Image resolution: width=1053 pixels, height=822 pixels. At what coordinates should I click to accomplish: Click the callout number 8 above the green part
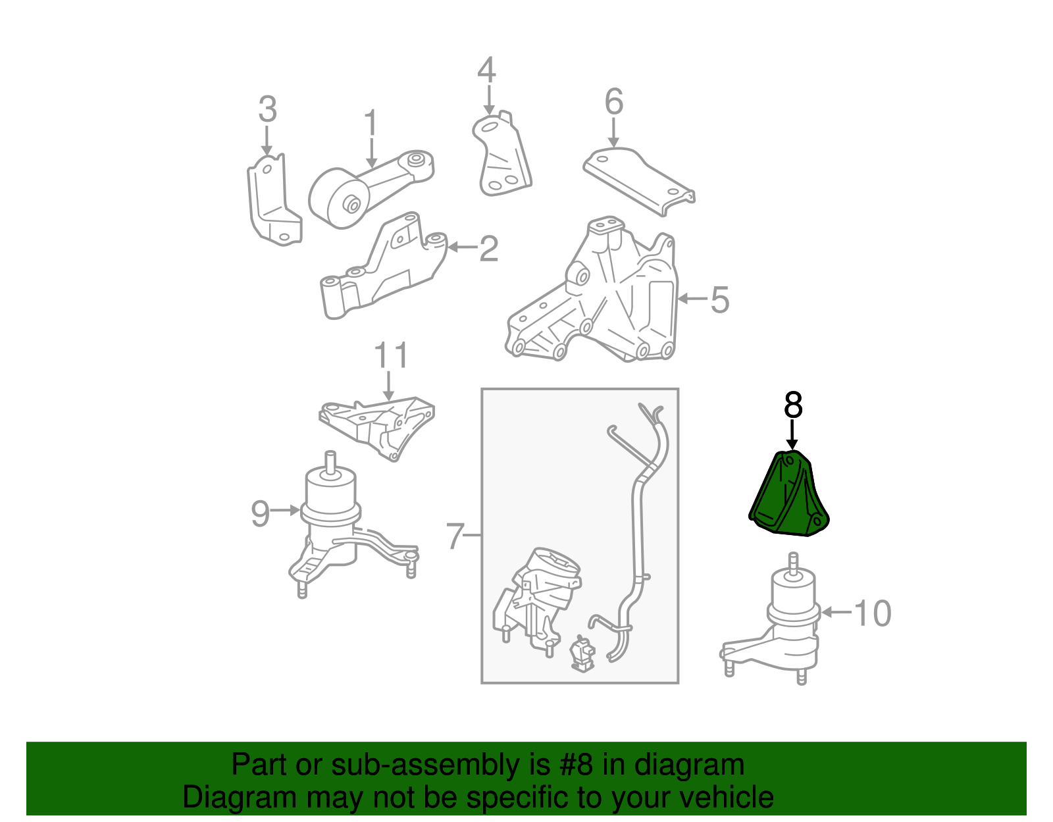pyautogui.click(x=793, y=405)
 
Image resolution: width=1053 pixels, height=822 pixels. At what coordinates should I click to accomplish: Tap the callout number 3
pyautogui.click(x=267, y=109)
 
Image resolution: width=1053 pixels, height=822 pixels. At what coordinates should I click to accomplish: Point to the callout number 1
pyautogui.click(x=371, y=122)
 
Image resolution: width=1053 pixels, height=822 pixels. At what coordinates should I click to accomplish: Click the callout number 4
pyautogui.click(x=486, y=70)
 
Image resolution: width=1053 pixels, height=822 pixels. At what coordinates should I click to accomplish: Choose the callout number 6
pyautogui.click(x=614, y=102)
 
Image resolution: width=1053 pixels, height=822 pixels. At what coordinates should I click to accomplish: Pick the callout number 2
pyautogui.click(x=488, y=249)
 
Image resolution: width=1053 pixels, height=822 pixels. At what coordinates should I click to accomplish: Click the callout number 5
pyautogui.click(x=719, y=300)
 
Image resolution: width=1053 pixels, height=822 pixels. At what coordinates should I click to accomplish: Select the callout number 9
pyautogui.click(x=260, y=514)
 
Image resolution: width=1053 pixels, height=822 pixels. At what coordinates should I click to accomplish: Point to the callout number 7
pyautogui.click(x=455, y=536)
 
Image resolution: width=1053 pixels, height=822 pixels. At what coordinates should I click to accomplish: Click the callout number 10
pyautogui.click(x=872, y=613)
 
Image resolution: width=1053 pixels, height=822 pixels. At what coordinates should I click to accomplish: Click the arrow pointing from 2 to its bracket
pyautogui.click(x=462, y=247)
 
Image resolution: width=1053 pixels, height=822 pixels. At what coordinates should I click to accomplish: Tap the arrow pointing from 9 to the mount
pyautogui.click(x=285, y=510)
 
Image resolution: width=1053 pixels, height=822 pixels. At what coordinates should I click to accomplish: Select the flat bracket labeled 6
pyautogui.click(x=638, y=181)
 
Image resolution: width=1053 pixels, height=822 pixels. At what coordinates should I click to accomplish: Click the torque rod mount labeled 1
pyautogui.click(x=371, y=189)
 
